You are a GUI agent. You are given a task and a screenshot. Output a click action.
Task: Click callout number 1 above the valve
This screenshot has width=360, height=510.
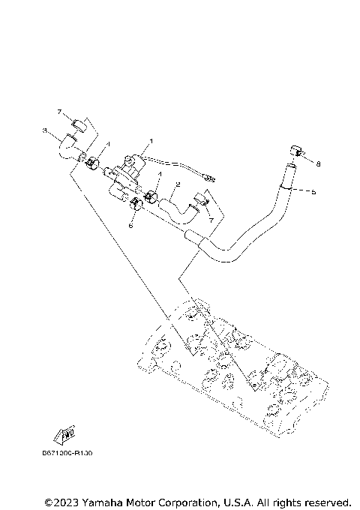tap(150, 141)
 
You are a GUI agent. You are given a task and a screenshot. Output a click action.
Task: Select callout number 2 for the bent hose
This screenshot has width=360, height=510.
tap(178, 184)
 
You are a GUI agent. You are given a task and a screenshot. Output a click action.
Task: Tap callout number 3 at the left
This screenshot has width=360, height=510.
tap(45, 130)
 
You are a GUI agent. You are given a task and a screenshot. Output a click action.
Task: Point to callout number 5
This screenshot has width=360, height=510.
tap(313, 192)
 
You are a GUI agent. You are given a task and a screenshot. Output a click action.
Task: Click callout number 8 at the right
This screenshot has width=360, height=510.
tap(318, 163)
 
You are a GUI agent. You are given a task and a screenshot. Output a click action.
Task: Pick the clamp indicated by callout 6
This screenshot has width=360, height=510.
tap(138, 205)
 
